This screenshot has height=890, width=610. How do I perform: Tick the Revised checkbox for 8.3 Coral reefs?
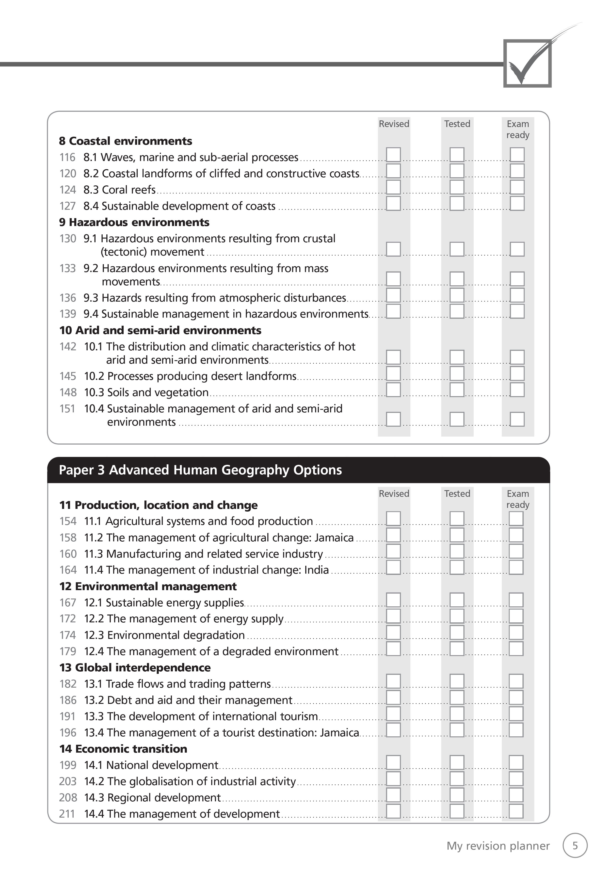click(x=393, y=187)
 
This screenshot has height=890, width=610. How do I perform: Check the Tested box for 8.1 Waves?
click(x=457, y=155)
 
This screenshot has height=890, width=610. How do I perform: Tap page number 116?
click(x=67, y=157)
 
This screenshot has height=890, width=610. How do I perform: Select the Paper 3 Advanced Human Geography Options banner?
click(x=200, y=470)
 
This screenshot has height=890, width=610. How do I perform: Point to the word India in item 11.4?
click(x=316, y=570)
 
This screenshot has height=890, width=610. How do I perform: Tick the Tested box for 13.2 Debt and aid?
click(x=457, y=697)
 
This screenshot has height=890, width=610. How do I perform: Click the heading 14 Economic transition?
click(x=123, y=749)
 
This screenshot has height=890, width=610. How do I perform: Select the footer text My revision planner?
click(x=498, y=846)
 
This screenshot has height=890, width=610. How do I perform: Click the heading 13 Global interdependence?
click(x=135, y=667)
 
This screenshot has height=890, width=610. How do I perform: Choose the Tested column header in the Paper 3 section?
click(x=457, y=494)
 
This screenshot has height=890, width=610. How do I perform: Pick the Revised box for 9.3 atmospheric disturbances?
click(x=393, y=295)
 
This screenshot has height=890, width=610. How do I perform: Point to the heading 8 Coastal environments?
click(x=126, y=141)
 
